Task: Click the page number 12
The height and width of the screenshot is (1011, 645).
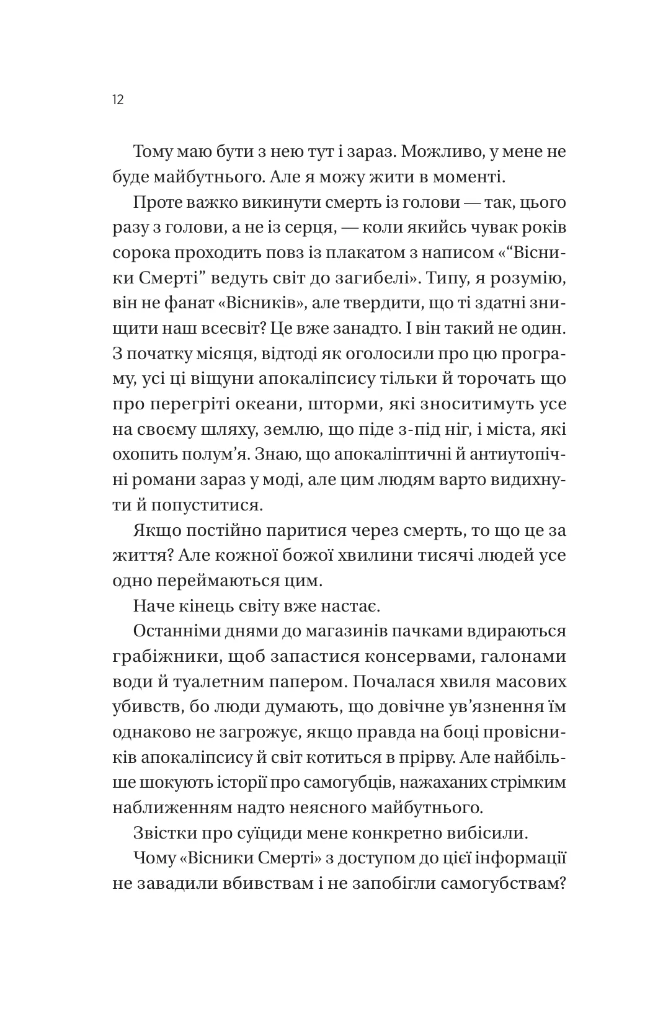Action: [118, 99]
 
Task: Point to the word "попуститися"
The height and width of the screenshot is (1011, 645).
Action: [208, 505]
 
